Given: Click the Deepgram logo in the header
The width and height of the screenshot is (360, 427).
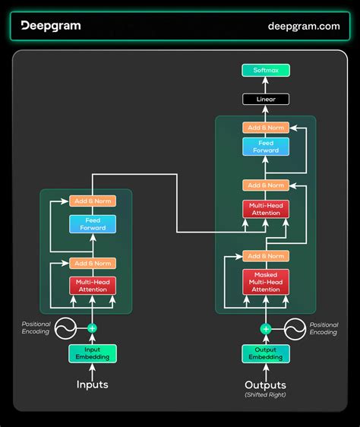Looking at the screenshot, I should coord(50,26).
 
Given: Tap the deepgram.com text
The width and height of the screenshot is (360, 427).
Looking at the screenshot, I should coord(303,26).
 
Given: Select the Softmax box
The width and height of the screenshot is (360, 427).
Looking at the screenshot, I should coord(266,71).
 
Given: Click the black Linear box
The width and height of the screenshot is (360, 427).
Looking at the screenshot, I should coord(266,100).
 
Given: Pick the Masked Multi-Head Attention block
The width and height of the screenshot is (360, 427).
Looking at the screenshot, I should coord(266,280).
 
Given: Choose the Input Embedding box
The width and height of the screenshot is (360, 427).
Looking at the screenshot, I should coord(92,353).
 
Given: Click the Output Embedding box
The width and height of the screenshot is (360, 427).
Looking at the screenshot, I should coord(266,353).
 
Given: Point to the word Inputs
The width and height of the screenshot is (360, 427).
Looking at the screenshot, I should coord(92,384).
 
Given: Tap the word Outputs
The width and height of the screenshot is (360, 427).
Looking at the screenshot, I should coord(266,384).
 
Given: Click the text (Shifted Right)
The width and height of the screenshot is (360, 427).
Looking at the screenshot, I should coord(266,395).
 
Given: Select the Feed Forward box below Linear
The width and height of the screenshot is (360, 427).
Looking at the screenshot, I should coord(266,146).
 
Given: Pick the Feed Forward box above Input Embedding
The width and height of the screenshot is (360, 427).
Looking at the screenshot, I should coord(92,223).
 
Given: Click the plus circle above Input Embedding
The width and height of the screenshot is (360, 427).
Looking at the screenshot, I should coord(92,328).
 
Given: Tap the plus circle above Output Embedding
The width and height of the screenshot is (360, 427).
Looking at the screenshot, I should coord(266,328).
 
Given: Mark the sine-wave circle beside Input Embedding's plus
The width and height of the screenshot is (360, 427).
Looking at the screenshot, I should coord(63,328).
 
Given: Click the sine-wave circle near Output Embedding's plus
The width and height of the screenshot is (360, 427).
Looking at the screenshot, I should coord(295,328).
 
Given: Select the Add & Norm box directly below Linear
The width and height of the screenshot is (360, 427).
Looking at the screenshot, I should coord(266,128).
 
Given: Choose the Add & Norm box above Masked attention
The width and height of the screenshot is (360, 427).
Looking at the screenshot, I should coord(266,256).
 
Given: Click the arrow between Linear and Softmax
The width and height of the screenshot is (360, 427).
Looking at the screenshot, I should coord(266,85).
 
